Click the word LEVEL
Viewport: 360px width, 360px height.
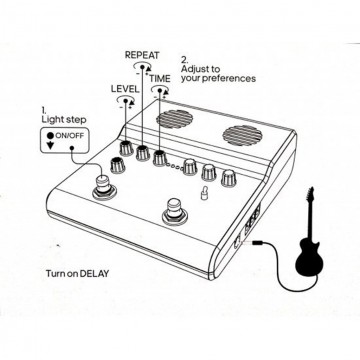(125, 89)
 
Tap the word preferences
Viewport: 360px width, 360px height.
(231, 78)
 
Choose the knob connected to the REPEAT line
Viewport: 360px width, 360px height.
(143, 153)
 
